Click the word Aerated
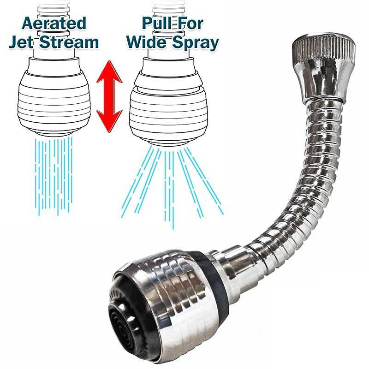54,24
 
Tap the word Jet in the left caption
21,42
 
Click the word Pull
157,24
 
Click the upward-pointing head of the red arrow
109,72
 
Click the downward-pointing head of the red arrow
109,121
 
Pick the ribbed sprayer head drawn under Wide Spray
168,111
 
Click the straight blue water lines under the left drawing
54,175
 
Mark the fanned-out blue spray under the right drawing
172,186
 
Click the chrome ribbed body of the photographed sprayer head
169,304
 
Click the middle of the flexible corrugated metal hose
313,179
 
